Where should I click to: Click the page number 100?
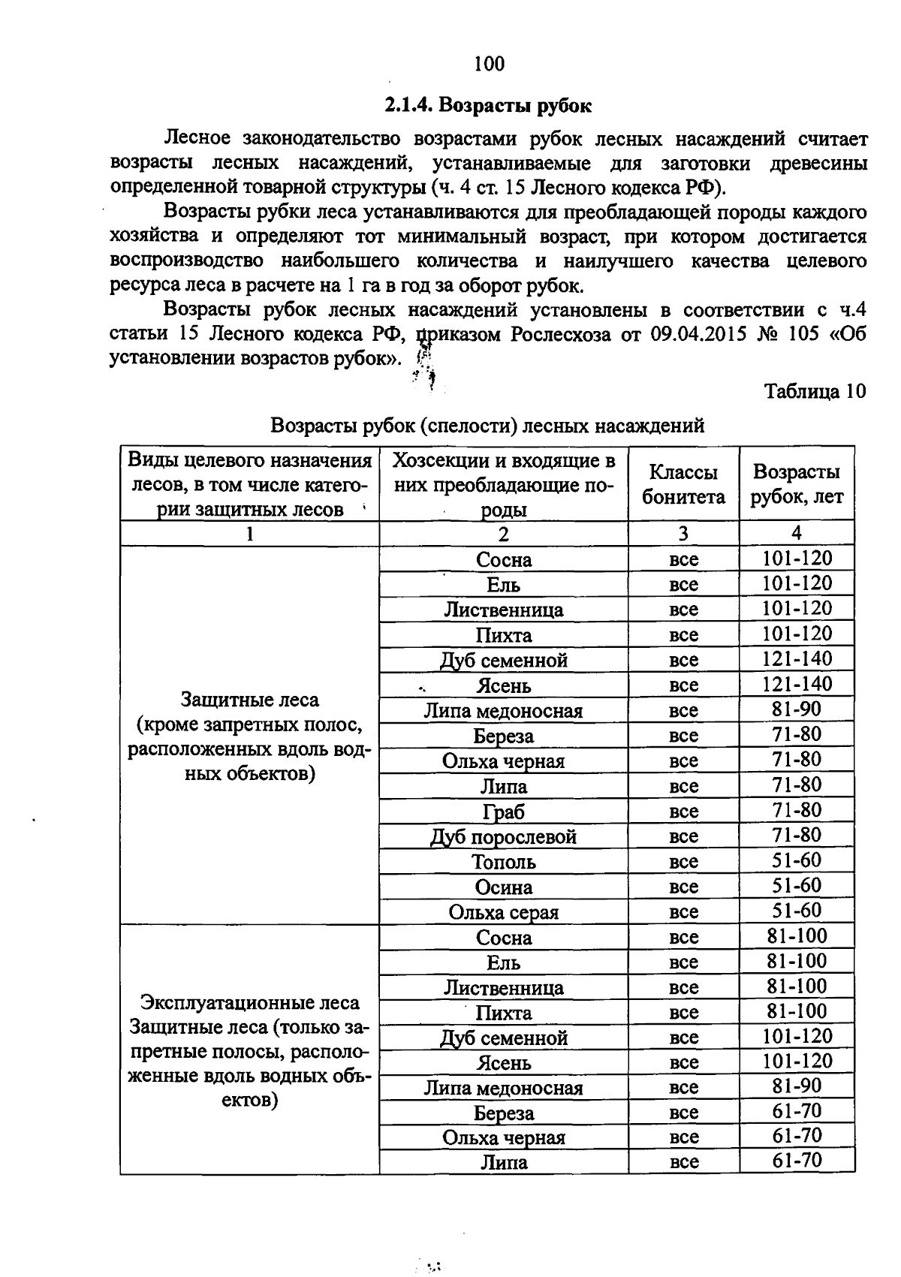(490, 64)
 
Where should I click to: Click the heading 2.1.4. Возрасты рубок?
(489, 105)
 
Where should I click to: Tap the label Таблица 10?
(815, 391)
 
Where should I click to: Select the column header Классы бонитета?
(683, 484)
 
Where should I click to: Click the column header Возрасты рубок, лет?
(797, 484)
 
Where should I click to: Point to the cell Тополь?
(504, 862)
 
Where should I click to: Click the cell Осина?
(504, 887)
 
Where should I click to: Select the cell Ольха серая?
(504, 912)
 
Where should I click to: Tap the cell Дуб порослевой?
(504, 836)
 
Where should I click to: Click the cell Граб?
(504, 812)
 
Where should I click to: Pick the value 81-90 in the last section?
(797, 1086)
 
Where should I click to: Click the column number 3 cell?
(683, 534)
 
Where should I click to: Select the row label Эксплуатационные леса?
(250, 1003)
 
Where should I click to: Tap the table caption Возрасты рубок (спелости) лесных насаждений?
(487, 426)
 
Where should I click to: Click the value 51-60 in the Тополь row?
(797, 860)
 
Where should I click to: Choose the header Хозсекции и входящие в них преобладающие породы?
(504, 484)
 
